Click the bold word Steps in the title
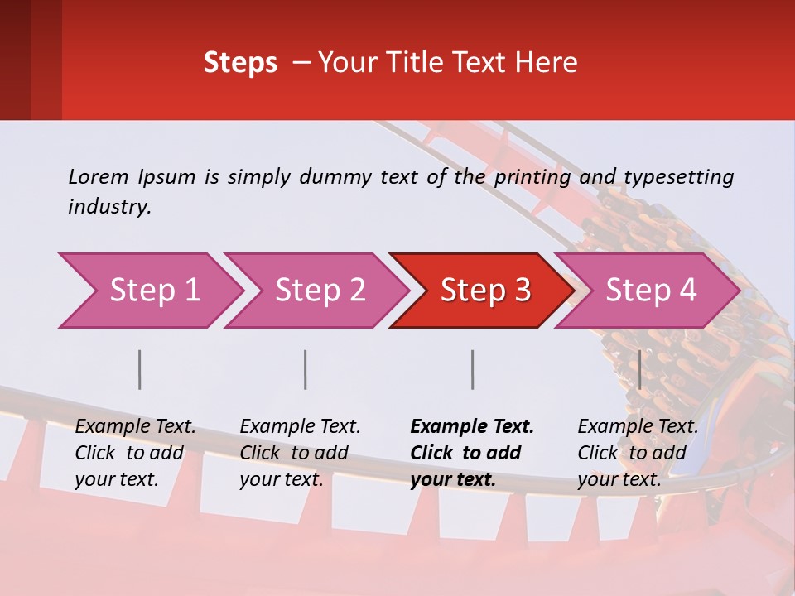(x=240, y=63)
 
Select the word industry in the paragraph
(x=109, y=207)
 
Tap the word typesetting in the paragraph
(x=678, y=177)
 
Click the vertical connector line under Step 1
(x=140, y=369)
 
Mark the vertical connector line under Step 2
(x=306, y=369)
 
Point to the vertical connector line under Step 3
(x=473, y=369)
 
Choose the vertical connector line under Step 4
(x=639, y=369)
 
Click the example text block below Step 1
(x=135, y=453)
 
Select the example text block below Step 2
(x=300, y=453)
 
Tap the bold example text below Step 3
(x=472, y=453)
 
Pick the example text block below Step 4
(x=638, y=453)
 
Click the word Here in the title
(x=547, y=63)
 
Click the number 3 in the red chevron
(x=522, y=291)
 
